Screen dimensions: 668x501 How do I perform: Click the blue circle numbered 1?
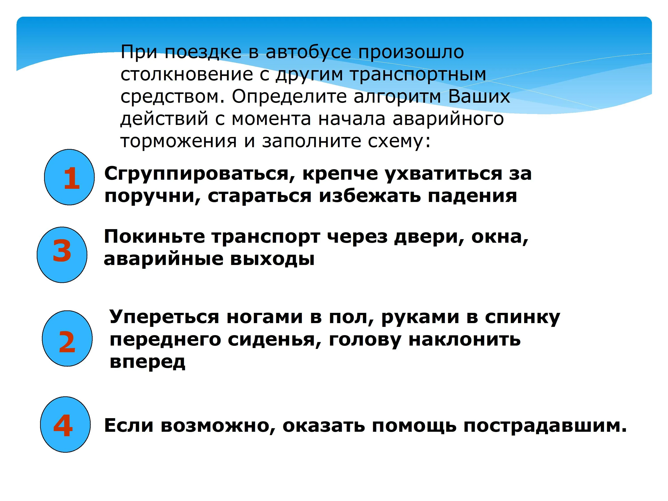69,177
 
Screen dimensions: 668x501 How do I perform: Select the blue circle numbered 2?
67,338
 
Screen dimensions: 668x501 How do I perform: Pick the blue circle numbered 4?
65,425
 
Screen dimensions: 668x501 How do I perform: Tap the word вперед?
147,362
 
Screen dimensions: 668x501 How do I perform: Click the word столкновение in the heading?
187,74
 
